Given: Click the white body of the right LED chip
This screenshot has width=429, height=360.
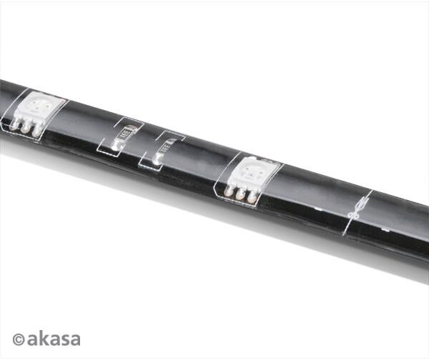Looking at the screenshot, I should (256, 171).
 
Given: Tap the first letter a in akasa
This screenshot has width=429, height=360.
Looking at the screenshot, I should (33, 340).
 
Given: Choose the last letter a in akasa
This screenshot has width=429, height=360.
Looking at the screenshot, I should (74, 340).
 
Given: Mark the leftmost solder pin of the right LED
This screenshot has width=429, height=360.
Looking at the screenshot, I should (230, 189).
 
